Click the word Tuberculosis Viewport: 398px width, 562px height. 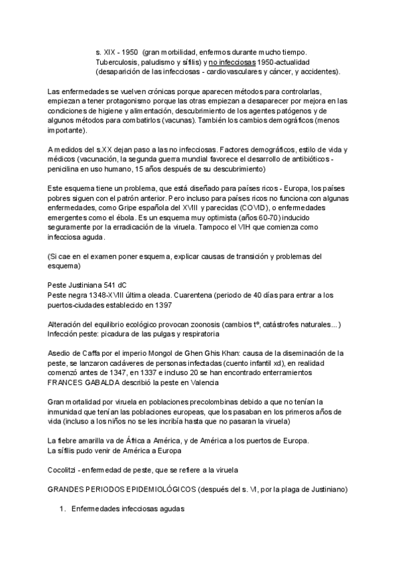click(117, 61)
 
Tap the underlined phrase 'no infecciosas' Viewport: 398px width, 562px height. click(235, 61)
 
